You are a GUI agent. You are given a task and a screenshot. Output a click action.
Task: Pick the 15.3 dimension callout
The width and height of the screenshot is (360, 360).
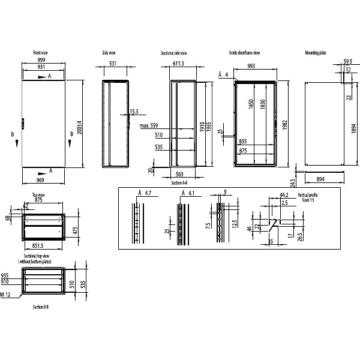[x=133, y=112]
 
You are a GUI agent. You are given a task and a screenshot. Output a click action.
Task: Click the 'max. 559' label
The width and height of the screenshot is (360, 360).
[x=148, y=126]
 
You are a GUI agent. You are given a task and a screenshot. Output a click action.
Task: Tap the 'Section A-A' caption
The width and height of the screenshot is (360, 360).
[x=179, y=182]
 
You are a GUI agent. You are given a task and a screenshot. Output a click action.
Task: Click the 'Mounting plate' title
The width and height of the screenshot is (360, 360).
[x=316, y=53]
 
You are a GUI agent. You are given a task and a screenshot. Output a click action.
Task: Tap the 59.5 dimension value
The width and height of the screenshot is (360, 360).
[x=348, y=62]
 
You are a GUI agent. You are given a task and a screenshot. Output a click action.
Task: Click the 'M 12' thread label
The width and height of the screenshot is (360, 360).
[x=6, y=295]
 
